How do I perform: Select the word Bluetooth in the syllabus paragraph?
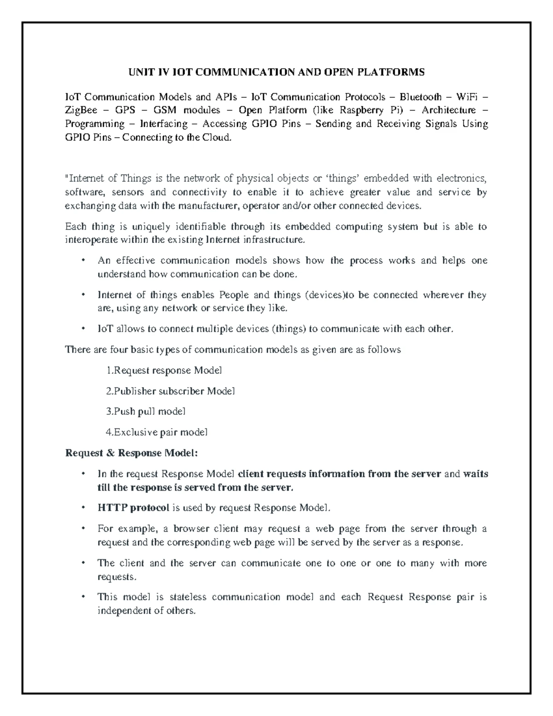tap(420, 97)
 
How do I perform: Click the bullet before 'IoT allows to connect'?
tap(83, 329)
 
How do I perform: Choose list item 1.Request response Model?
tap(164, 370)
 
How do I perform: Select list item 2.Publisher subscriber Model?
tap(171, 391)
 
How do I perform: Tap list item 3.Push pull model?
tap(146, 411)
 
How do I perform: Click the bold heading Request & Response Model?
tap(131, 453)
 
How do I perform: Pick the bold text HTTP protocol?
tap(133, 508)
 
